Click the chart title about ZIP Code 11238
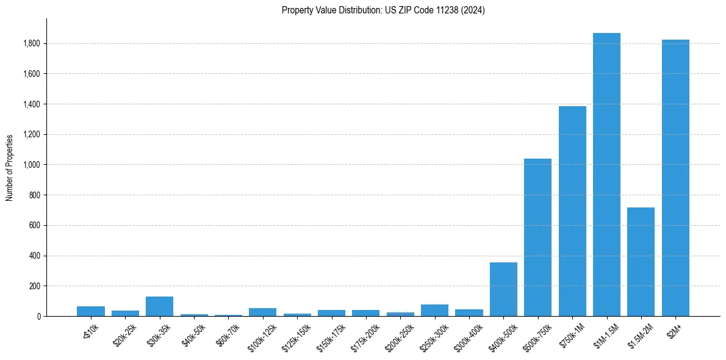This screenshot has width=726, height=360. [383, 10]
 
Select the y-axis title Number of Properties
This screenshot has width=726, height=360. [10, 167]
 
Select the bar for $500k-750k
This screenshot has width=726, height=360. [537, 237]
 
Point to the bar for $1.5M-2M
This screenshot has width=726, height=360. [641, 262]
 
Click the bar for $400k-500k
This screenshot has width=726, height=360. [503, 289]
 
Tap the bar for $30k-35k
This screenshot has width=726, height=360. [159, 306]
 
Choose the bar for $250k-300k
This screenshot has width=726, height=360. [434, 310]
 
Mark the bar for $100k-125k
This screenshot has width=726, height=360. [262, 312]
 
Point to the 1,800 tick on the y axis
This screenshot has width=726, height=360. [32, 44]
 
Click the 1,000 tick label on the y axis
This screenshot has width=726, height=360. [32, 165]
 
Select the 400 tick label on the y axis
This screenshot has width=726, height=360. [35, 256]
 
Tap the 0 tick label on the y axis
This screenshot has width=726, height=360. [39, 316]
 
